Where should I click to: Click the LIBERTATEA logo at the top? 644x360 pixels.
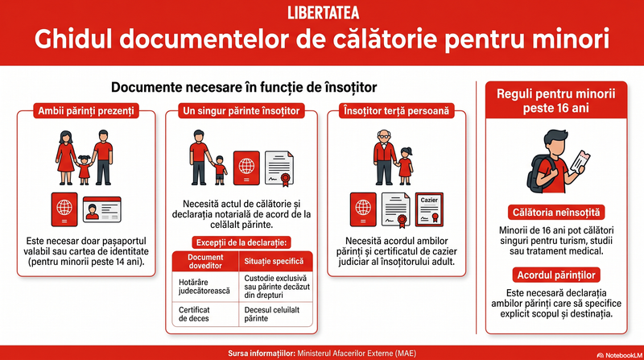point(323,13)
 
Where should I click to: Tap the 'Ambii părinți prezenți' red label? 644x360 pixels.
point(86,111)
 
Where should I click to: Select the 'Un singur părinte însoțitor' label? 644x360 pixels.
point(242,111)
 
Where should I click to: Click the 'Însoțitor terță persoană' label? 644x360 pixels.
point(396,111)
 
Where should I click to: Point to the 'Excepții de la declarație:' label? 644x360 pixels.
point(242,242)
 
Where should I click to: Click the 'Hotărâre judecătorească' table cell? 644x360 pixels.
point(205,287)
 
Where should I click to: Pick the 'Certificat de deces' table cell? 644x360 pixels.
point(205,314)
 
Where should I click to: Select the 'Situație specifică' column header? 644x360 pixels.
point(274,262)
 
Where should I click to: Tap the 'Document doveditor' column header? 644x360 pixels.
point(205,262)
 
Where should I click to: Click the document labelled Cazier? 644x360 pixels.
point(429,209)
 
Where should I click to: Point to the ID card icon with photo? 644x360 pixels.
point(102,209)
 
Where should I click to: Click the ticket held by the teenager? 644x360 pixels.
point(578,162)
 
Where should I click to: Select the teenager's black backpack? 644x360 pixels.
point(536,175)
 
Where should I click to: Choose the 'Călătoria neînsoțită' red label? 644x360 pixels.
point(556,213)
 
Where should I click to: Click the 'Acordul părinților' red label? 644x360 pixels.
point(556,275)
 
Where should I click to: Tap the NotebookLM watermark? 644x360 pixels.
point(620,355)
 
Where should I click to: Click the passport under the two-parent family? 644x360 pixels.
point(64,209)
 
